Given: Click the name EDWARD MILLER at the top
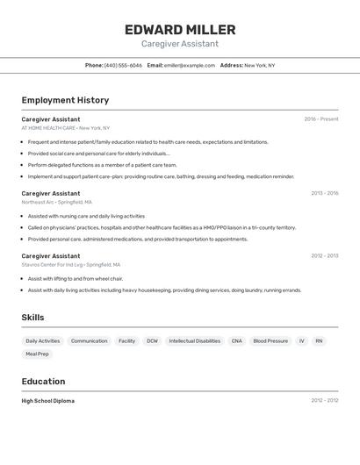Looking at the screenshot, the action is [x=180, y=30].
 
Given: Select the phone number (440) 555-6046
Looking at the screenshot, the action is [x=123, y=65].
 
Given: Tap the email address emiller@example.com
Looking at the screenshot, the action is [x=189, y=65].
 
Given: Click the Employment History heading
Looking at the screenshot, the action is [x=65, y=100].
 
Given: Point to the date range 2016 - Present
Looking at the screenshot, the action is [x=321, y=119].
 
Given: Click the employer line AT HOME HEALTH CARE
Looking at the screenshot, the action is [x=66, y=128].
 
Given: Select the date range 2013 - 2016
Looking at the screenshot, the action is [x=324, y=193].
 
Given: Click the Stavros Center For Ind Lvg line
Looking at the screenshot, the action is [x=71, y=264].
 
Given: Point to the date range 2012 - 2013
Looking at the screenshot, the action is [x=324, y=256].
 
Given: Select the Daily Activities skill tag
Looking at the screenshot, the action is [x=43, y=340].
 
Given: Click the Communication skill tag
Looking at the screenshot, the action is [x=90, y=340].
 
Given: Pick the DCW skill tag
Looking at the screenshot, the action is [x=153, y=340].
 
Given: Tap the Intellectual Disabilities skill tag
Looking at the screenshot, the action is [x=195, y=340].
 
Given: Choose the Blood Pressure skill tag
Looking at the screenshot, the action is [x=270, y=340].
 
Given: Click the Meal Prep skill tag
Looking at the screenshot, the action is [x=38, y=354].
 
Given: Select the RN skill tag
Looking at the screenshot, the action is [x=319, y=340].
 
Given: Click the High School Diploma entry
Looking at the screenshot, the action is [x=48, y=401].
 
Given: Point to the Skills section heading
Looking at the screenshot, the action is [x=32, y=318].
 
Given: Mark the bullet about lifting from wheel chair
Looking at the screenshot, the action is [x=76, y=278].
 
